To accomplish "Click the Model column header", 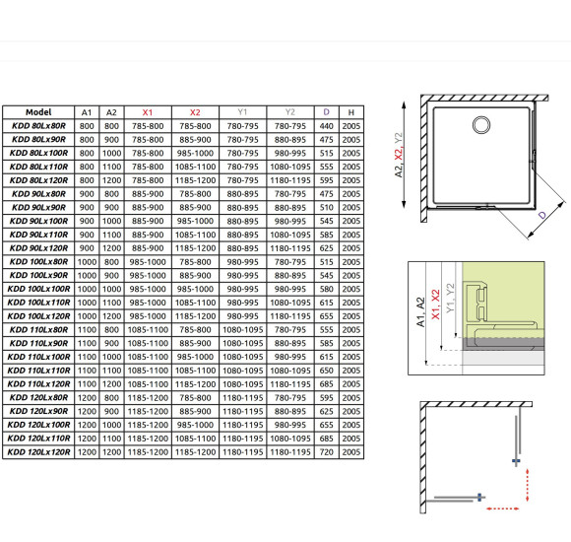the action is tap(38, 112).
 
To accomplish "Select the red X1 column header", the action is tap(148, 112).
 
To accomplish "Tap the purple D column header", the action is tap(326, 112).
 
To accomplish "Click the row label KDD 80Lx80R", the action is tap(38, 126).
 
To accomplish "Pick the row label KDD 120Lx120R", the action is tap(38, 452).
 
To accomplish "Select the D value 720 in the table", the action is tap(326, 452).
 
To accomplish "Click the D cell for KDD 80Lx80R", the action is tap(326, 126).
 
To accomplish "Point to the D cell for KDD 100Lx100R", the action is tap(326, 289).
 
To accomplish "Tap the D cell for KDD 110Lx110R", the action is tap(326, 371).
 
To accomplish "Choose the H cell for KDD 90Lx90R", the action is tap(351, 207).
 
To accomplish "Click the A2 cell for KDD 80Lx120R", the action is tap(111, 180).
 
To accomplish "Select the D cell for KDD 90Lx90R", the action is tap(326, 207).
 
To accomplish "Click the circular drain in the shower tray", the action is tap(481, 124).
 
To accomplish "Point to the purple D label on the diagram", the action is tap(542, 215).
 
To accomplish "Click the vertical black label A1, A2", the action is tap(420, 312).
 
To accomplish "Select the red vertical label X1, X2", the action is tap(435, 305).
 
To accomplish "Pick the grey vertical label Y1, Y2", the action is tap(450, 298).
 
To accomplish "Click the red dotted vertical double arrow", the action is tap(528, 485).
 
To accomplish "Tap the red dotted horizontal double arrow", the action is tap(503, 508).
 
